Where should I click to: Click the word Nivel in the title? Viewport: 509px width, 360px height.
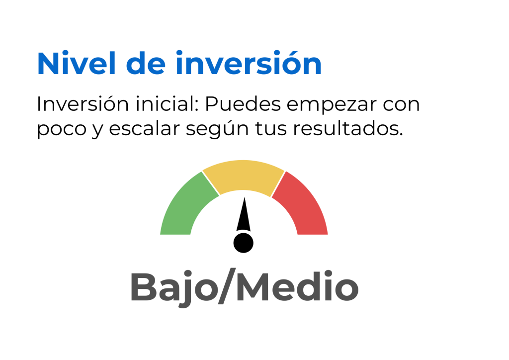click(77, 63)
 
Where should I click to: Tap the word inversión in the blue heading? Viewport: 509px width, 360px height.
click(249, 63)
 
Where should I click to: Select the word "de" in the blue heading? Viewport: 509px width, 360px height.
click(146, 63)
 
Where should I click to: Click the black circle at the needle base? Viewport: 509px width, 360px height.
click(244, 243)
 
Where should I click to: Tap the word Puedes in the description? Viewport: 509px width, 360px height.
click(243, 104)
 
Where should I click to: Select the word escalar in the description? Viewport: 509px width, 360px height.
click(144, 128)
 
